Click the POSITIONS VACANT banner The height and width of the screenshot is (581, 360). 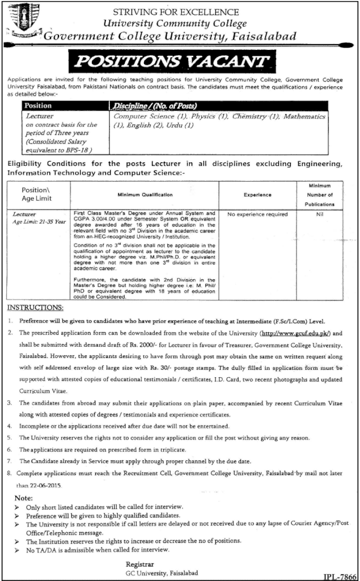180,61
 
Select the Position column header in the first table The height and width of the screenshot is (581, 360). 38,106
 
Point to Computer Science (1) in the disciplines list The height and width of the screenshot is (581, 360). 147,116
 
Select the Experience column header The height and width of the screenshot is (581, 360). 257,195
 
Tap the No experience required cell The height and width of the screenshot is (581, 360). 257,215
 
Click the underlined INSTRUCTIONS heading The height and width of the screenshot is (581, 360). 35,307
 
